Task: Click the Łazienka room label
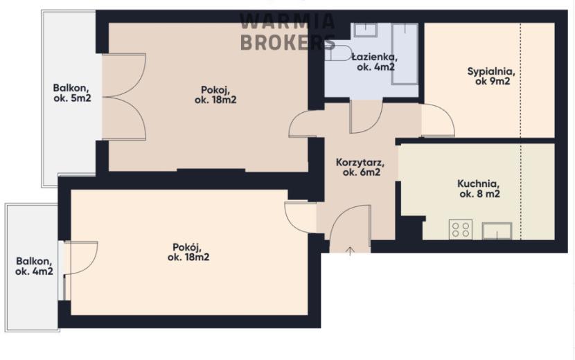(374, 62)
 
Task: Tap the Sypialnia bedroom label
(490, 76)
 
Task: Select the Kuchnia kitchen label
(479, 188)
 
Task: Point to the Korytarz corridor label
(360, 167)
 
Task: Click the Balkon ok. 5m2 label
(72, 93)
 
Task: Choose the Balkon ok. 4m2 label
(34, 266)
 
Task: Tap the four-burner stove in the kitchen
(461, 229)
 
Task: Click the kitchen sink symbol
(497, 231)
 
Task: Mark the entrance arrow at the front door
(351, 251)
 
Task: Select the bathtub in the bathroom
(405, 54)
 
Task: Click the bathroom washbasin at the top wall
(366, 29)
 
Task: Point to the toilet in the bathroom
(338, 53)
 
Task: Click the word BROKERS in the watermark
(288, 42)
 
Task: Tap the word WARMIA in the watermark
(287, 21)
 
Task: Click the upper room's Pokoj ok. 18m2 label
(215, 95)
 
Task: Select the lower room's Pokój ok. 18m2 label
(188, 252)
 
